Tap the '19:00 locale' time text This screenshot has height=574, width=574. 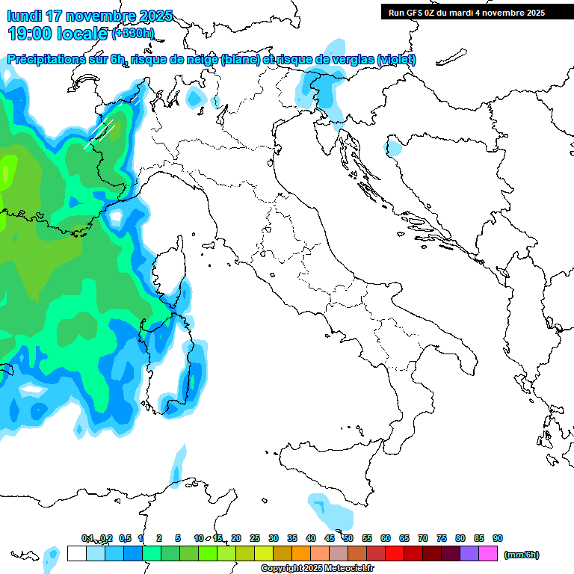(x=58, y=33)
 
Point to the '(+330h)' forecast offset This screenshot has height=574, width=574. (x=134, y=33)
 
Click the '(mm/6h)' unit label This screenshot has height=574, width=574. (x=522, y=555)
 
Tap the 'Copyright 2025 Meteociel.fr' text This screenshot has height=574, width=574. (x=318, y=569)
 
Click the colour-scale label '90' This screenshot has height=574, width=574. (x=498, y=539)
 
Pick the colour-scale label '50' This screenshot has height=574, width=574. (x=348, y=539)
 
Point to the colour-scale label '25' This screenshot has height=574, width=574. (x=255, y=539)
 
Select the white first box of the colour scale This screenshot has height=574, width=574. (x=76, y=554)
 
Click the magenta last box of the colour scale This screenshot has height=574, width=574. (x=488, y=554)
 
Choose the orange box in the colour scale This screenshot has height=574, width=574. (x=301, y=554)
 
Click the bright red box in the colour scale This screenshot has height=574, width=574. (x=395, y=554)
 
